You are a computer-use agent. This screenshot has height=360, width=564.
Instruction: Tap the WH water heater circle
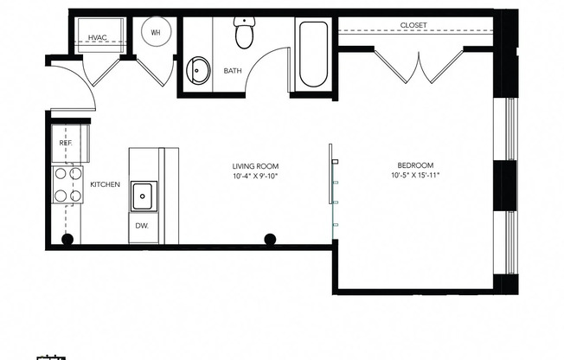click(157, 32)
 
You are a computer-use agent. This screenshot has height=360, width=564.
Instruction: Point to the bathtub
click(312, 55)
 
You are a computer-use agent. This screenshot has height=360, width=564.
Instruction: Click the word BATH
click(233, 71)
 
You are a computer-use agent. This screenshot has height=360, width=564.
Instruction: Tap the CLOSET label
click(413, 25)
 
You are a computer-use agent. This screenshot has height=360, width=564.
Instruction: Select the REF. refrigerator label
click(66, 143)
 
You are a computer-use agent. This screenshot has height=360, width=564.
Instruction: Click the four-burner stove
click(68, 184)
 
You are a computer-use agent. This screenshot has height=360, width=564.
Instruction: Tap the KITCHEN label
click(105, 184)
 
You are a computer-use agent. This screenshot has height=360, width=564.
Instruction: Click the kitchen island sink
click(143, 196)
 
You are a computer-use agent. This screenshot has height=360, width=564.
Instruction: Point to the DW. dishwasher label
click(142, 226)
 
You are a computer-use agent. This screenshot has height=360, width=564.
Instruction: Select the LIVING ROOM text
click(255, 166)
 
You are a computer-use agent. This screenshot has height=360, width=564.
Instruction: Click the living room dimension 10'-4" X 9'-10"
click(255, 177)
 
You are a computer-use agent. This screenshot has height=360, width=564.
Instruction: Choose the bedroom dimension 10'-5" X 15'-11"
click(415, 177)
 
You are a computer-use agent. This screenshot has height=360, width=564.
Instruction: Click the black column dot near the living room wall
click(270, 239)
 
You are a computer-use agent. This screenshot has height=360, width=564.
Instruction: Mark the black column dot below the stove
click(67, 239)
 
